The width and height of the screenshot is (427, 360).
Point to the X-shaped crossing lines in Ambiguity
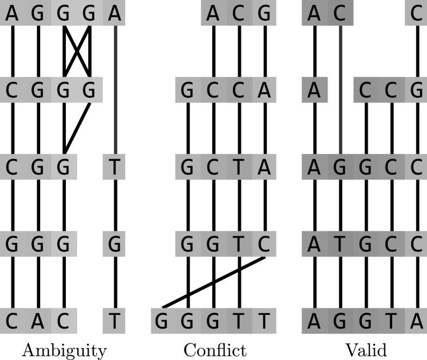[x=76, y=51]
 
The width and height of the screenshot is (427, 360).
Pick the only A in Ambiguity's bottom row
[x=38, y=321]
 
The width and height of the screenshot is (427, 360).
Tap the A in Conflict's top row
[x=214, y=14]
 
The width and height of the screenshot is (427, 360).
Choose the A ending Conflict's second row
[x=265, y=90]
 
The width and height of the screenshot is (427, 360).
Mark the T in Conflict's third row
[x=239, y=167]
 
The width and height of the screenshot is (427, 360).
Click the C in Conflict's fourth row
[x=265, y=244]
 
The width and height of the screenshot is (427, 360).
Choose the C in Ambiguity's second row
[x=13, y=90]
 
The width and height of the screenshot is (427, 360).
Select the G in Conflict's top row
[x=265, y=14]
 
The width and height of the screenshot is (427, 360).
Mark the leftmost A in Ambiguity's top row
[x=13, y=14]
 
